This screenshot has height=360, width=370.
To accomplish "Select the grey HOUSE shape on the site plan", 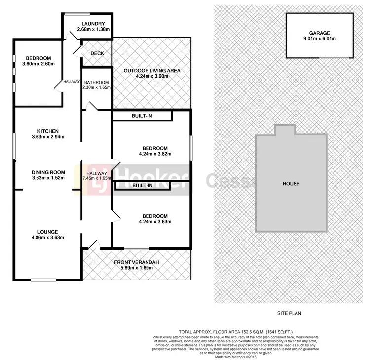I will [291, 183].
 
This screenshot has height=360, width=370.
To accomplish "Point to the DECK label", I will [97, 54].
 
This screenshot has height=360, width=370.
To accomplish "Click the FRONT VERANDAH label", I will [136, 262].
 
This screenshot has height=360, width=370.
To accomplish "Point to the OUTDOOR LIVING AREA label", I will [151, 71].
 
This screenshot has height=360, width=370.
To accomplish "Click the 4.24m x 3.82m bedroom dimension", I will [154, 154].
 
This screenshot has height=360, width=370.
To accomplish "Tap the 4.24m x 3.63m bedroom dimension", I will [154, 222].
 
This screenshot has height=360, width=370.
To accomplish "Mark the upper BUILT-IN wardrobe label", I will [142, 116].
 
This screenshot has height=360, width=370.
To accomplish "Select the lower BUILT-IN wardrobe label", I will [142, 186].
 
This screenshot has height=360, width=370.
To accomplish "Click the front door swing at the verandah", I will [94, 244].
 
